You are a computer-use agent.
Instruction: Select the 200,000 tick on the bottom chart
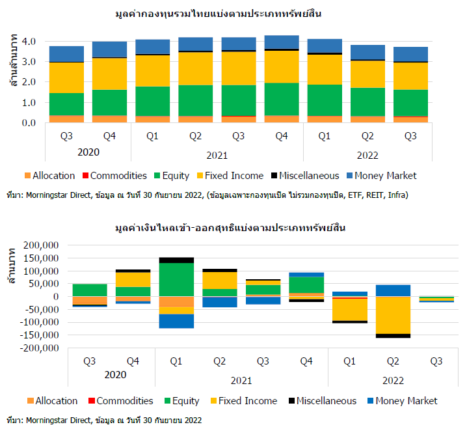pyautogui.click(x=42, y=245)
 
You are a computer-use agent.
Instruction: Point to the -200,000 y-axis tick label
pyautogui.click(x=40, y=348)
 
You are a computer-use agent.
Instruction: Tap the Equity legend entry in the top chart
pyautogui.click(x=172, y=175)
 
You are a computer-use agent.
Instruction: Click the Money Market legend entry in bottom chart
pyautogui.click(x=401, y=401)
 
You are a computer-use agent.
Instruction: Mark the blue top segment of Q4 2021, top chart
pyautogui.click(x=282, y=42)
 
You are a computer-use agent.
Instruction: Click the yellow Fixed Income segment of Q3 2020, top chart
pyautogui.click(x=66, y=77)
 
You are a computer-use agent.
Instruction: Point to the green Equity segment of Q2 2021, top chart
pyautogui.click(x=194, y=100)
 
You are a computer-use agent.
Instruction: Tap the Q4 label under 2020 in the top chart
pyautogui.click(x=109, y=136)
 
